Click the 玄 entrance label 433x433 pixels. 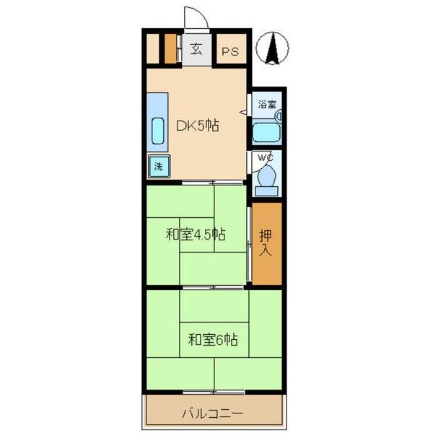click(x=196, y=50)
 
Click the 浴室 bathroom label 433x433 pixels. click(x=267, y=105)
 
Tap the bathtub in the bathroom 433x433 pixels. click(x=266, y=133)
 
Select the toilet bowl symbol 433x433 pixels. click(x=266, y=176)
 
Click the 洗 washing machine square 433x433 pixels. click(x=158, y=165)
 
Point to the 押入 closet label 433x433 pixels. click(x=266, y=243)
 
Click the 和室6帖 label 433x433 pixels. click(x=214, y=338)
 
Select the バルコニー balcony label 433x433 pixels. click(x=212, y=414)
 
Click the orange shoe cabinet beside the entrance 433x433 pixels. click(x=170, y=48)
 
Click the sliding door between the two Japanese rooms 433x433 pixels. click(x=214, y=287)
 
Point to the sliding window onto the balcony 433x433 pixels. click(x=214, y=392)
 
